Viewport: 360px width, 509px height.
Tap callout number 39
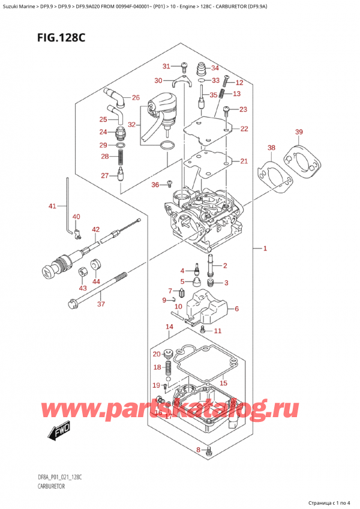coord(299,132)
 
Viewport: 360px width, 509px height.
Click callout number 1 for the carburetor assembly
coord(265,248)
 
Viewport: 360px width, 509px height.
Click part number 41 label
coord(52,206)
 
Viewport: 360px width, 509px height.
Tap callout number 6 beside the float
coord(236,309)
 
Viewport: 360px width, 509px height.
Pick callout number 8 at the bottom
coord(199,450)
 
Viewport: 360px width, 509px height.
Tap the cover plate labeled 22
coord(207,129)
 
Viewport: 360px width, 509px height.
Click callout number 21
coord(243,161)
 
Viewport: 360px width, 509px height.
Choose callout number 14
coord(169,327)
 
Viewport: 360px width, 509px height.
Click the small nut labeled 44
coord(94,265)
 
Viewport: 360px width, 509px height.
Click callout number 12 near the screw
coord(239,82)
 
